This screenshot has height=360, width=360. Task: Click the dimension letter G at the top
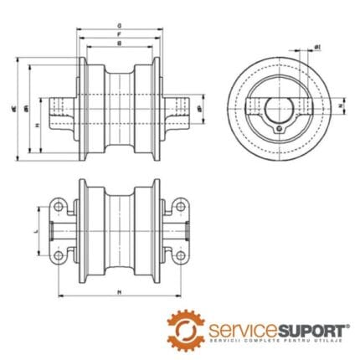click(x=120, y=26)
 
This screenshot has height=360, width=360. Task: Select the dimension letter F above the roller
click(x=120, y=34)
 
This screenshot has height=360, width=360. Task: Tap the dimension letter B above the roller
click(x=120, y=43)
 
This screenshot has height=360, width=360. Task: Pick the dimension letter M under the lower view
click(x=120, y=292)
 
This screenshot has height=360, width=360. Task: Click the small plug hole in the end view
click(x=277, y=128)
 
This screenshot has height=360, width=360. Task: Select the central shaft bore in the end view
click(x=277, y=107)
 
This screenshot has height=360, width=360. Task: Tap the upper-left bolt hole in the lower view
click(x=57, y=205)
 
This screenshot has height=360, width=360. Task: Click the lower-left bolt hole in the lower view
click(x=57, y=255)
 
